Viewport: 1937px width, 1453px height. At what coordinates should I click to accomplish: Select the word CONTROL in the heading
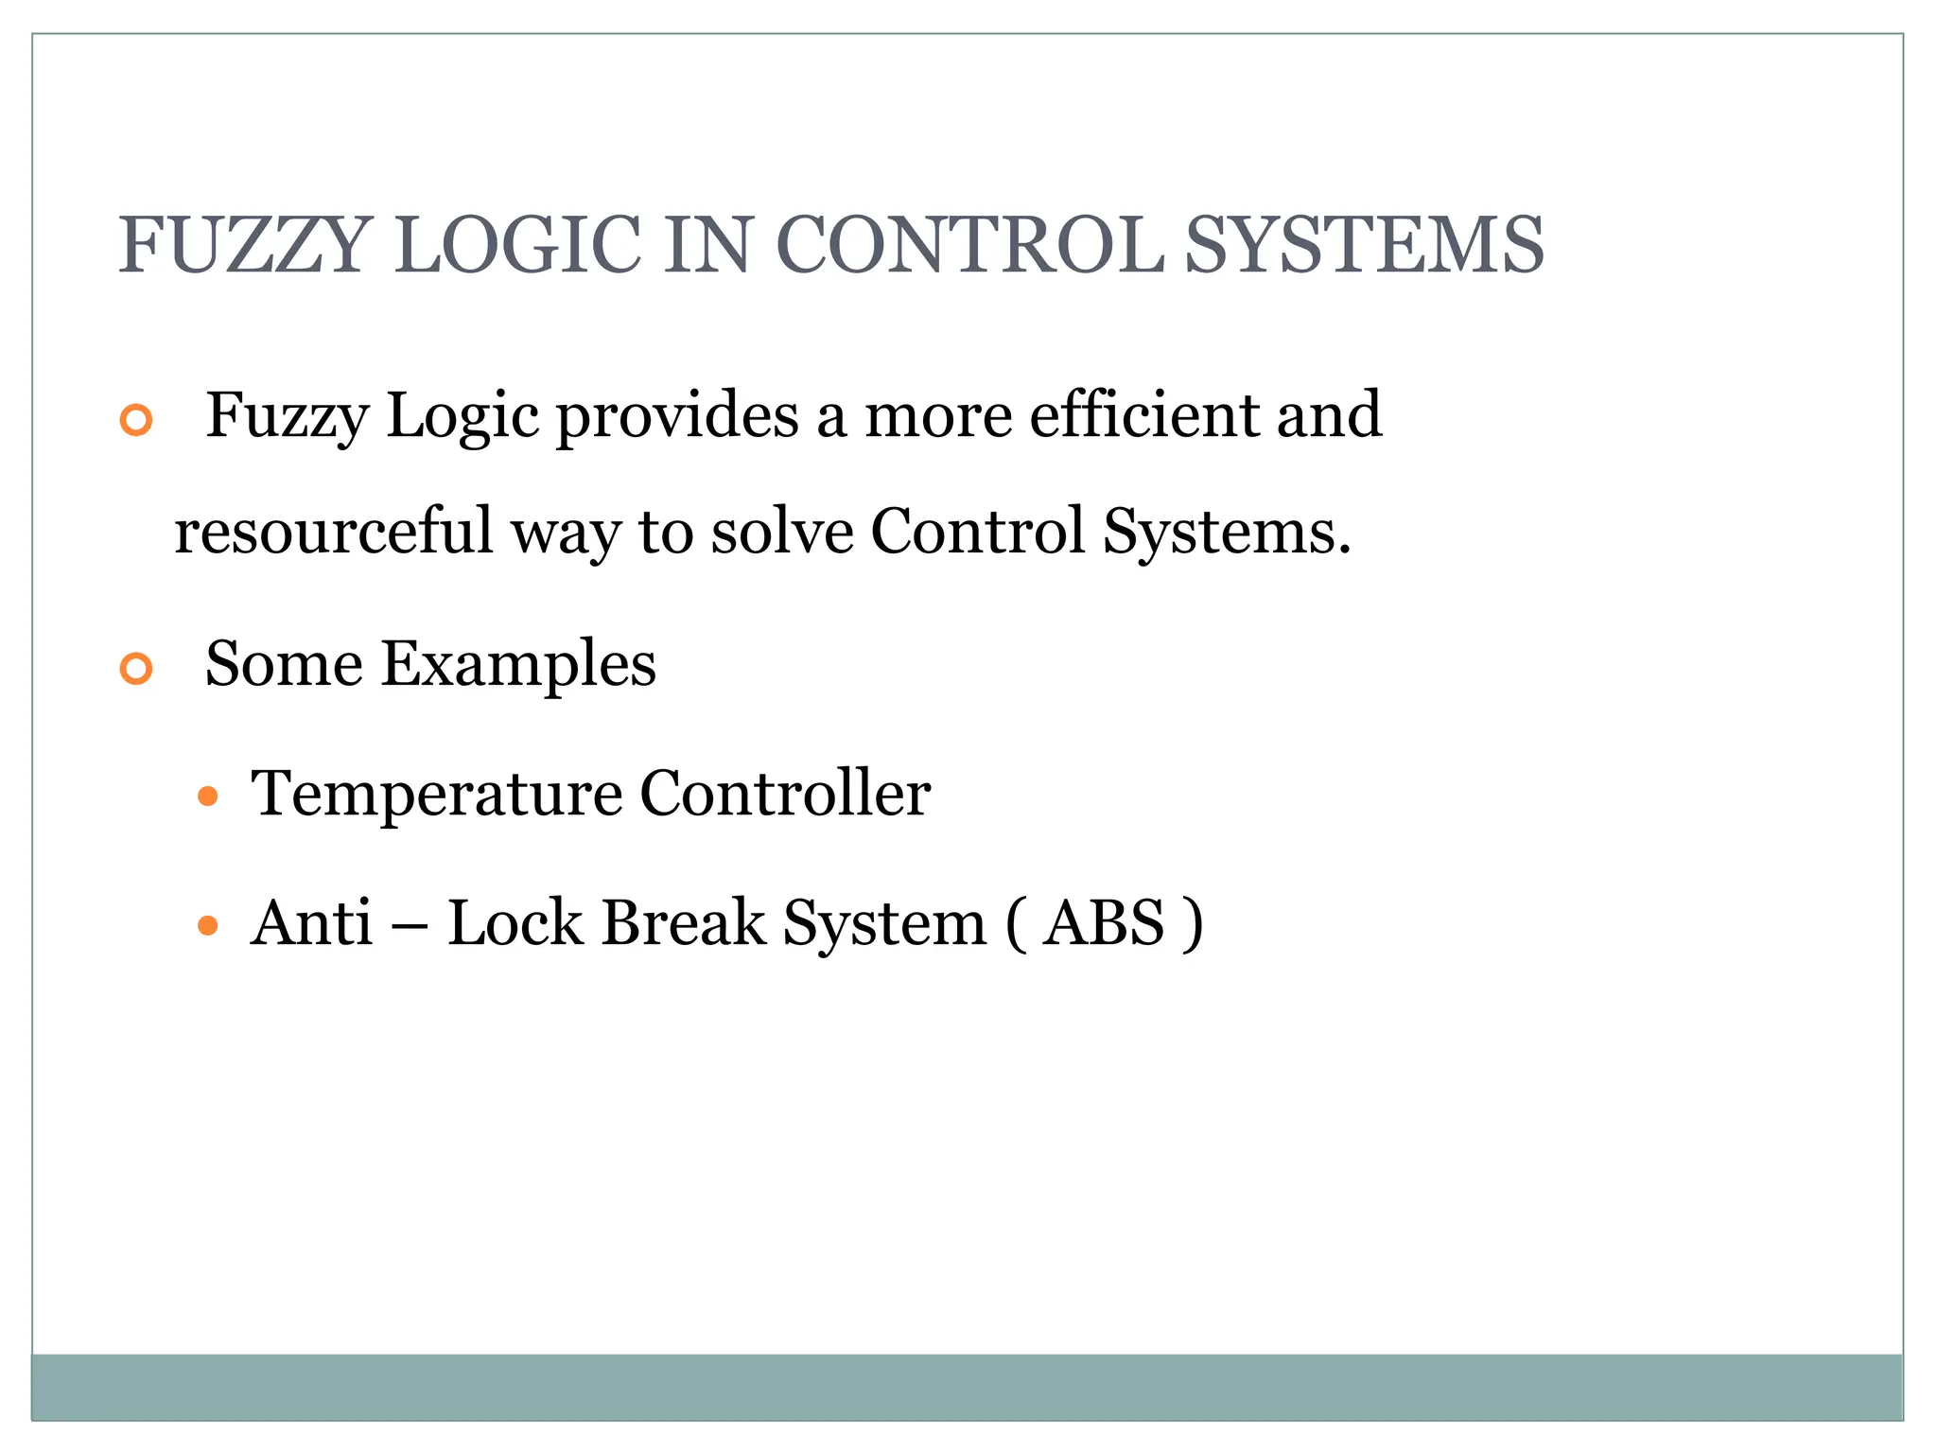click(x=969, y=245)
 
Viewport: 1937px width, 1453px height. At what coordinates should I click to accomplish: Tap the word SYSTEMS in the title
click(x=1364, y=245)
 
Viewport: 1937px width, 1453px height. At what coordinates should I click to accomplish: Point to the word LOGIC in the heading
click(x=518, y=245)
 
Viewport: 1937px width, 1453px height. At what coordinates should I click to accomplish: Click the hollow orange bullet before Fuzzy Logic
click(x=136, y=420)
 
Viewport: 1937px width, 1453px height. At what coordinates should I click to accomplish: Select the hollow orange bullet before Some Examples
click(x=136, y=669)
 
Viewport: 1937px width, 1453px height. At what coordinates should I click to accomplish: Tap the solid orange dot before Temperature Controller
click(x=208, y=797)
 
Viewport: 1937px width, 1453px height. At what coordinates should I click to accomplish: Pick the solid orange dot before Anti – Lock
click(x=208, y=925)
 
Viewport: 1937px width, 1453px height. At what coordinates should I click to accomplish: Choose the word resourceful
click(x=334, y=531)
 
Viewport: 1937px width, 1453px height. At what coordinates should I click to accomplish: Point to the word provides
click(x=677, y=416)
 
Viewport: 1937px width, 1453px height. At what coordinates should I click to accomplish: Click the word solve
click(x=782, y=531)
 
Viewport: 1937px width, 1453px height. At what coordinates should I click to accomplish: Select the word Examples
click(x=518, y=664)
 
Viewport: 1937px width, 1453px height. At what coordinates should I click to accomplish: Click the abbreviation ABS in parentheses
click(x=1104, y=922)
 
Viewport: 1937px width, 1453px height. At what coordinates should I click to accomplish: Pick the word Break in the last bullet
click(x=683, y=922)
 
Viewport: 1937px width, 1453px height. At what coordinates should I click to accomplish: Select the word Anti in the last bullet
click(x=311, y=922)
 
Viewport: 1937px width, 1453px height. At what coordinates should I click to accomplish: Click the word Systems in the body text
click(x=1227, y=531)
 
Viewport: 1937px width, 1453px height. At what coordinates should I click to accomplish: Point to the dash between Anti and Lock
click(x=409, y=924)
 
